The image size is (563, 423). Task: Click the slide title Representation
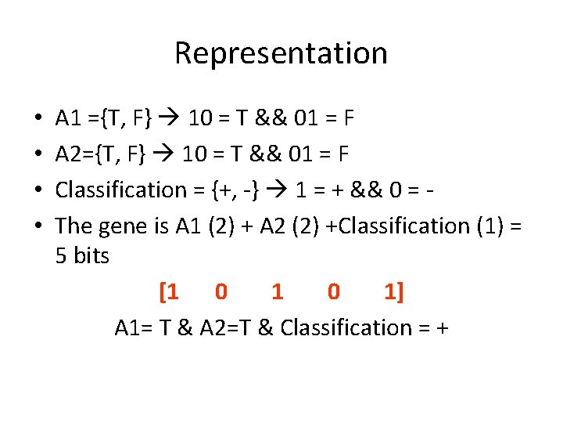pyautogui.click(x=281, y=53)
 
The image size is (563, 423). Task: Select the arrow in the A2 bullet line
pyautogui.click(x=165, y=154)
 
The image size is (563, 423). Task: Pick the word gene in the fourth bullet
pyautogui.click(x=124, y=226)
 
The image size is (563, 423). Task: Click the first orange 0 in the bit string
pyautogui.click(x=221, y=292)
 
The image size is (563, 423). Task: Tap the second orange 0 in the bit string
pyautogui.click(x=334, y=292)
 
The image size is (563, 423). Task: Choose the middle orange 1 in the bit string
pyautogui.click(x=277, y=292)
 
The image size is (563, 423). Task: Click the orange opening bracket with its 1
pyautogui.click(x=169, y=292)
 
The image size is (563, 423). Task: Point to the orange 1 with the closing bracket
pyautogui.click(x=393, y=292)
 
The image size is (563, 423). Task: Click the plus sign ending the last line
pyautogui.click(x=443, y=327)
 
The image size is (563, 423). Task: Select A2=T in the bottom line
pyautogui.click(x=224, y=327)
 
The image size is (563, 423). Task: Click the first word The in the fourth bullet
pyautogui.click(x=74, y=226)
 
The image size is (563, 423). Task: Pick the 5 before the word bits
pyautogui.click(x=62, y=255)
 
